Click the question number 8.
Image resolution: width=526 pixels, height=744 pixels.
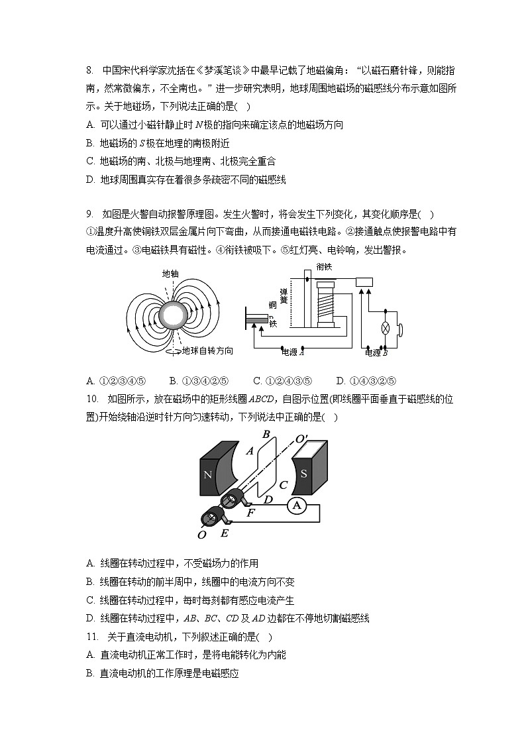pos(90,70)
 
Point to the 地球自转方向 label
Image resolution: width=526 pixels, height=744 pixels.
pos(207,351)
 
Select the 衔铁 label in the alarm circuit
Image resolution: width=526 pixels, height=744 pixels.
pos(324,266)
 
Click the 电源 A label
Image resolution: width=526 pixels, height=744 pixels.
pos(293,352)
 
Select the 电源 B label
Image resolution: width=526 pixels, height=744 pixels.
pos(376,352)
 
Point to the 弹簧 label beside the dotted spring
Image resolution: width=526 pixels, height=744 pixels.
pos(284,295)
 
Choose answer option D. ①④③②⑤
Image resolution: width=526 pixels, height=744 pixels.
pos(366,381)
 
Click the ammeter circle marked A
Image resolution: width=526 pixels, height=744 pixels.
pos(296,505)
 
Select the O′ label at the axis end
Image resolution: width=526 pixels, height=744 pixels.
pos(301,439)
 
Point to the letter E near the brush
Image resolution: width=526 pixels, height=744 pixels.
pos(224,533)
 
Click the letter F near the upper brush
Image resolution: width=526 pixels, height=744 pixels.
pos(250,512)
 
